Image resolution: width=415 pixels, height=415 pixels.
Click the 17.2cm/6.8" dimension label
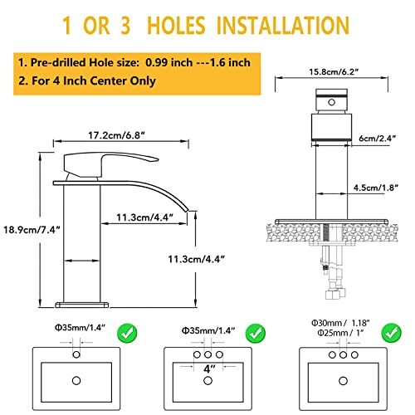[116, 135]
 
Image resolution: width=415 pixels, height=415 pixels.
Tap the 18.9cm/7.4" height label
[32, 230]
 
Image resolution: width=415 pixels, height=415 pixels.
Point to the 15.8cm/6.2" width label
[334, 72]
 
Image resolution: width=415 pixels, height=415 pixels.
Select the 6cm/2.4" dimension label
[378, 138]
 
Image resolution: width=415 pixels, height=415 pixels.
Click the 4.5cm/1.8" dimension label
[376, 188]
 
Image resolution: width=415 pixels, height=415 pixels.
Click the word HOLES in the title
[176, 26]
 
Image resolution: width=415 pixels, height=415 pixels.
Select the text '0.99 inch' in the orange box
[168, 62]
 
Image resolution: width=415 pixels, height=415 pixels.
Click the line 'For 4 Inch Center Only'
[94, 81]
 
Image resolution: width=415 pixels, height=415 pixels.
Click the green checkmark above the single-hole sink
[127, 333]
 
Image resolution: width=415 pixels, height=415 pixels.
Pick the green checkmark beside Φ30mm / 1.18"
[391, 333]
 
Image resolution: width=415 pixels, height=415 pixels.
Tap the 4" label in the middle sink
[209, 369]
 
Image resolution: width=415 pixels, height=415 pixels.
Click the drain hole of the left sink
[76, 381]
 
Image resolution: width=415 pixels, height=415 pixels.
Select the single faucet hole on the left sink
[76, 354]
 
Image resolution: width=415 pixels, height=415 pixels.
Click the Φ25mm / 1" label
[340, 333]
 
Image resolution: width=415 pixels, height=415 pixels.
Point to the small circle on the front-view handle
[331, 102]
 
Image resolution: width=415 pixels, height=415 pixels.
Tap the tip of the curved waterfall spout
[187, 210]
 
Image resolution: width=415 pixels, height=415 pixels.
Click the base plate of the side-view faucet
[82, 305]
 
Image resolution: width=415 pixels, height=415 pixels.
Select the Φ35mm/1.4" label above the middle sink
[208, 330]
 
